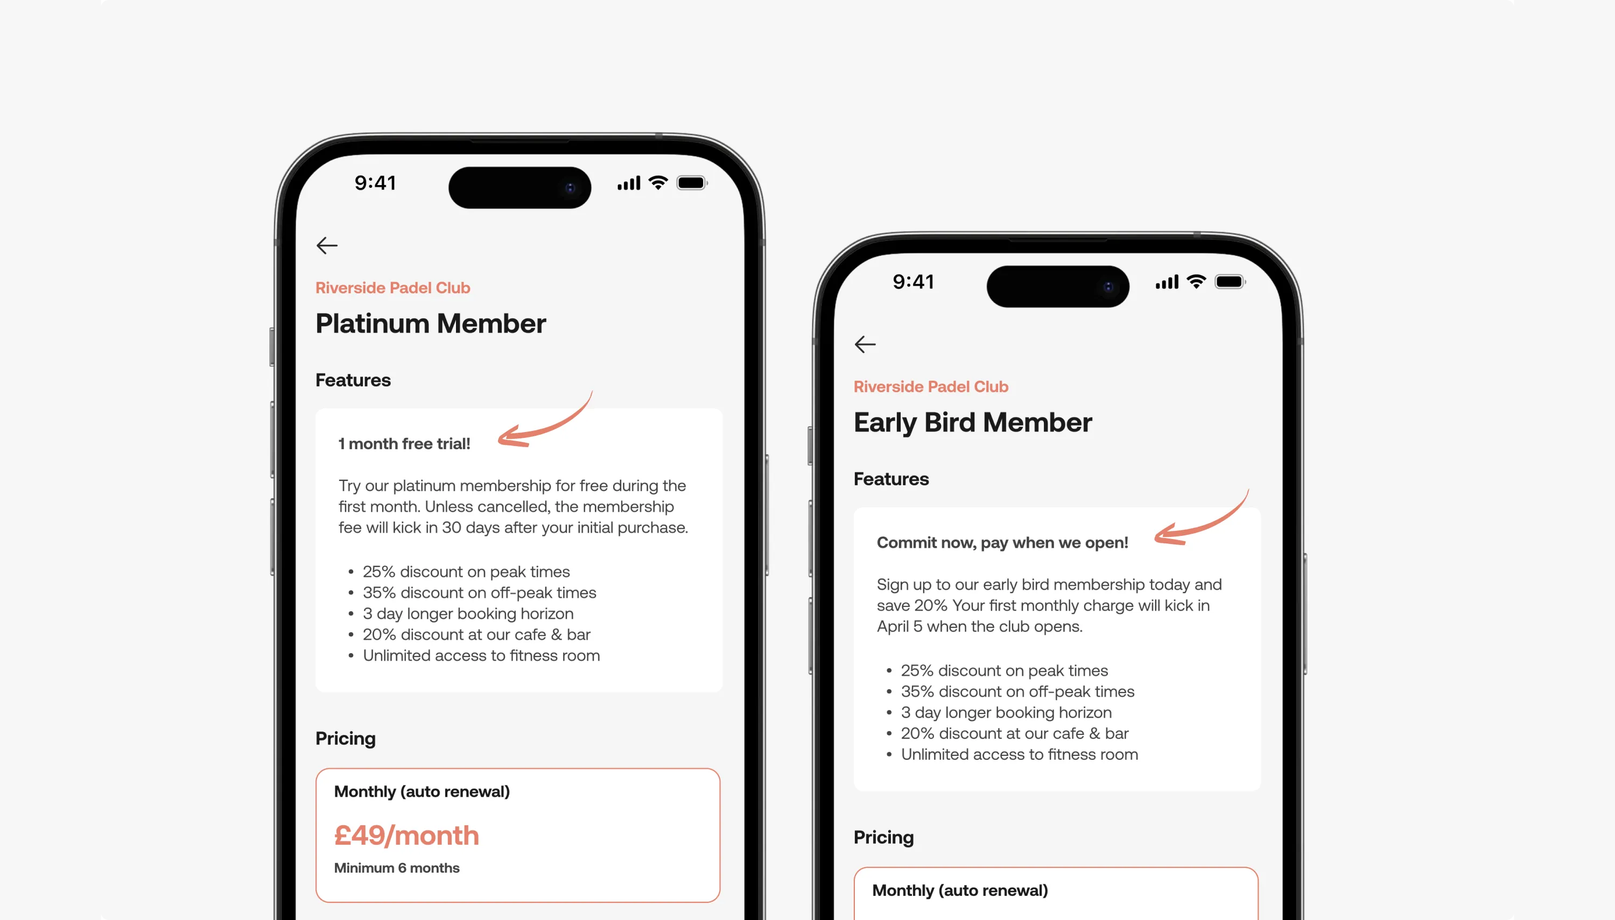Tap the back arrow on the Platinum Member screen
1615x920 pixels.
coord(327,245)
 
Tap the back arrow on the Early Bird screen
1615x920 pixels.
coord(865,344)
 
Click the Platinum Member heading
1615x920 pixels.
coord(431,323)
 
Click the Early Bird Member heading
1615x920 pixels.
coord(972,423)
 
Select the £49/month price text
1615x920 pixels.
coord(406,836)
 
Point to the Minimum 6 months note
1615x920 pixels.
coord(396,868)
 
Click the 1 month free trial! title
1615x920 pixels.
coord(404,443)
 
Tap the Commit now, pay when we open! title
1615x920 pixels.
coord(1002,543)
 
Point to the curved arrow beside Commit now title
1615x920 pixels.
coord(1201,521)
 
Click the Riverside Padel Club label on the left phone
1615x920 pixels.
coord(392,288)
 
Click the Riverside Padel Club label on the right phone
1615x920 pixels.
coord(930,387)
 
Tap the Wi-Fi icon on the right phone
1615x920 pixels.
coord(1196,282)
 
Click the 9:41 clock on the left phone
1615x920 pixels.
coord(375,183)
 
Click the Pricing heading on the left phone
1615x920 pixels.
coord(345,738)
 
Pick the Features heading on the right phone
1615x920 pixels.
coord(890,479)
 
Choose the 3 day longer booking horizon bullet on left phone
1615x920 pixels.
coord(468,613)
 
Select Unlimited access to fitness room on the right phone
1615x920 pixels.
coord(1019,754)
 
